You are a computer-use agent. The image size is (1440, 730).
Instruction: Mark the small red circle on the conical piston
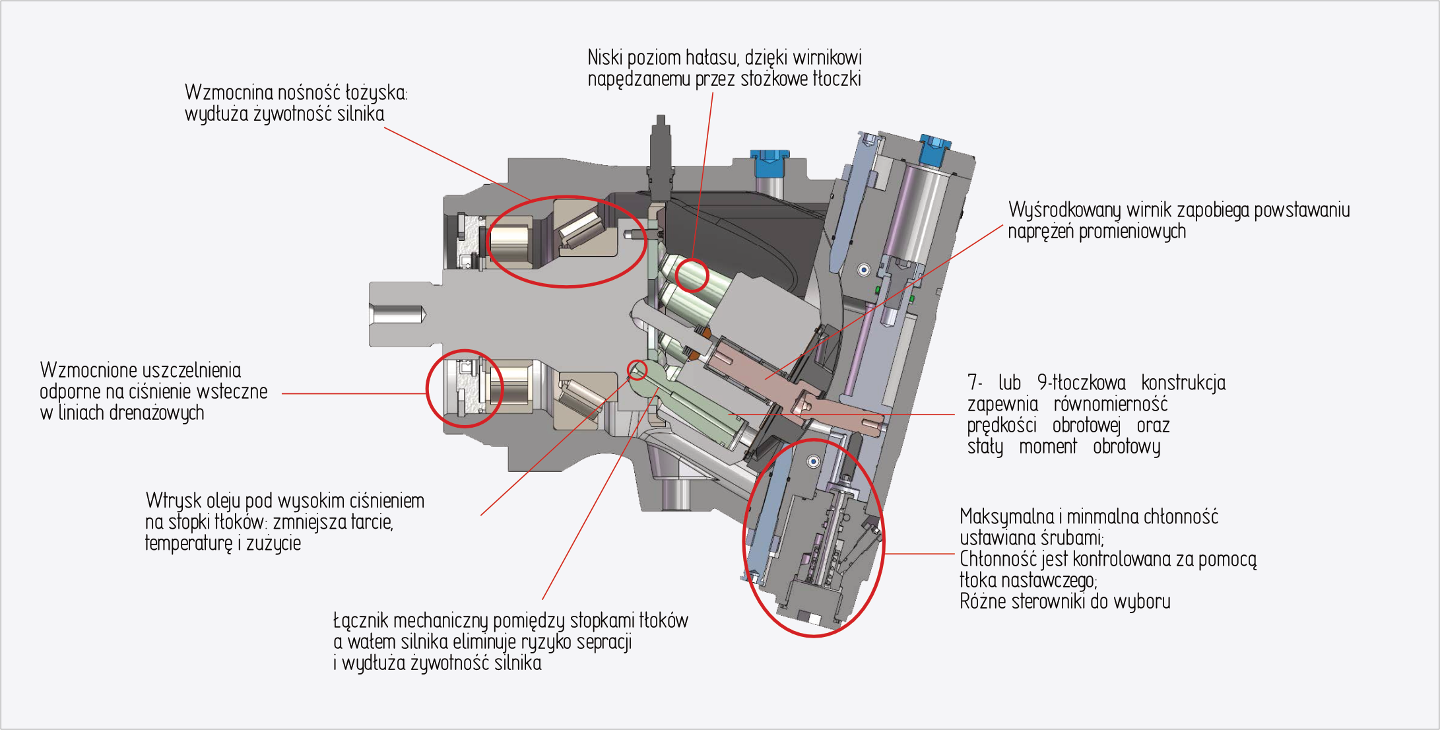tap(692, 276)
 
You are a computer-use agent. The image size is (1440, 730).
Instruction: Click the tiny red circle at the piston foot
tap(637, 370)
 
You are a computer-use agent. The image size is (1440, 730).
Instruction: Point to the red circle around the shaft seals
tap(465, 389)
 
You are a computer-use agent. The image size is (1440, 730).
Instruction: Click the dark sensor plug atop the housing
tap(661, 155)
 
